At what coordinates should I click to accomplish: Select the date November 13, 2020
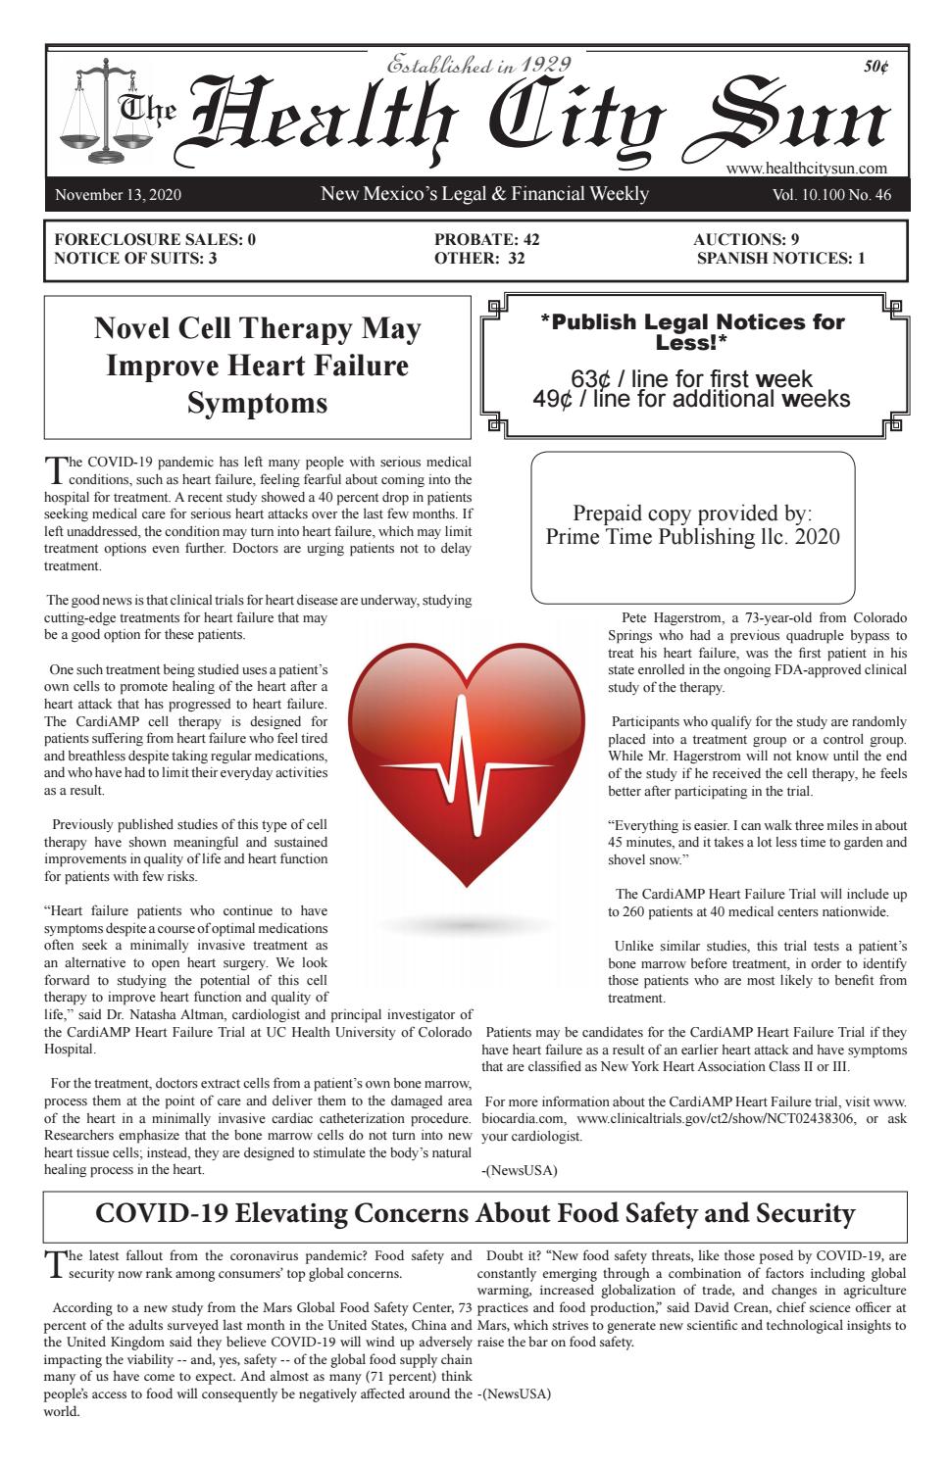tap(118, 195)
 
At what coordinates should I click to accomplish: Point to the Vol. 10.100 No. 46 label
tap(831, 195)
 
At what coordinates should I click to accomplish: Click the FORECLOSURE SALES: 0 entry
tap(155, 239)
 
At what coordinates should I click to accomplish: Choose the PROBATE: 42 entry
tap(486, 239)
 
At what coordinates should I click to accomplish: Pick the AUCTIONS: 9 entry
tap(746, 239)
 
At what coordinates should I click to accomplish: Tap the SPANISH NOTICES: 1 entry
tap(780, 259)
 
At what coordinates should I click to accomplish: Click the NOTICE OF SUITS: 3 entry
tap(135, 259)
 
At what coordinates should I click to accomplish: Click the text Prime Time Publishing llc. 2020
tap(692, 537)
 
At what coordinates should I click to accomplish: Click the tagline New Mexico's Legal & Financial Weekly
tap(484, 194)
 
